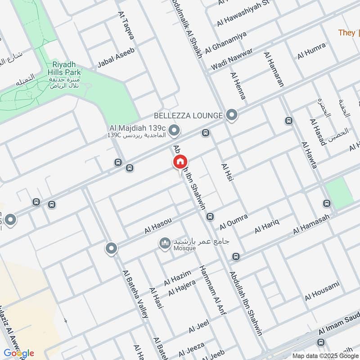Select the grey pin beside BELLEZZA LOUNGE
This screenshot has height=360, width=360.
[232, 116]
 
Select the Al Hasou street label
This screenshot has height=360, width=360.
[158, 225]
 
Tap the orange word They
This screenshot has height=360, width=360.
[347, 32]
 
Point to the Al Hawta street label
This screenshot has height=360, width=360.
[309, 155]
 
